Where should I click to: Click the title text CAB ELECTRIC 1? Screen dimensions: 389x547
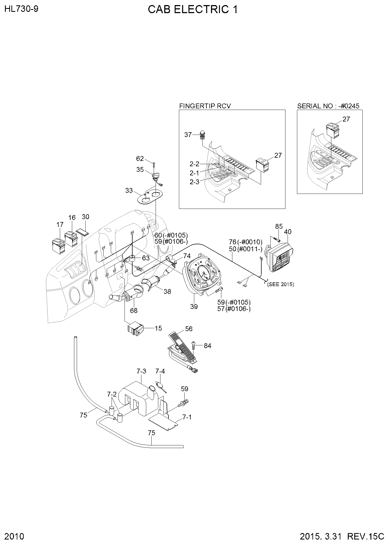click(x=193, y=10)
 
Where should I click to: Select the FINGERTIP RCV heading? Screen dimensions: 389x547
click(x=205, y=106)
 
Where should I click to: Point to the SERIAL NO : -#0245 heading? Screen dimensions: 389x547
click(x=328, y=106)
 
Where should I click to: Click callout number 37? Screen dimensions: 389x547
click(x=188, y=135)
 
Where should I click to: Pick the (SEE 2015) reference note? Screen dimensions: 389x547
click(x=281, y=284)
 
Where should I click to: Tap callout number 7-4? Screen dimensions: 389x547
click(x=160, y=371)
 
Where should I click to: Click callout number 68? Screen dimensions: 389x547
click(x=134, y=311)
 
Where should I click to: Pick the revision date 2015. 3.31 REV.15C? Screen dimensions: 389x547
click(x=342, y=537)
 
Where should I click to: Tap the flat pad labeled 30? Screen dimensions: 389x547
click(x=83, y=232)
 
